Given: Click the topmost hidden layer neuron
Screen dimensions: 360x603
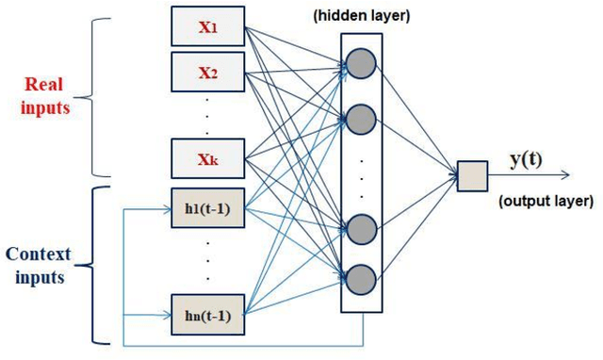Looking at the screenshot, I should (x=358, y=62).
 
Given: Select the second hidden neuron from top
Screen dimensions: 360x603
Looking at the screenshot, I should (x=358, y=118).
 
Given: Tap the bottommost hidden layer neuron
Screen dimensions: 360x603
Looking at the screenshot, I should (x=358, y=279).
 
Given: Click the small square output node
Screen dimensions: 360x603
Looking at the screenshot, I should (x=472, y=176).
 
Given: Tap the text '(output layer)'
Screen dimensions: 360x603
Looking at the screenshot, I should (x=547, y=201).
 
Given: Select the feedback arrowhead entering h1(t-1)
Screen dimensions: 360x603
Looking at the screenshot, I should (x=167, y=208).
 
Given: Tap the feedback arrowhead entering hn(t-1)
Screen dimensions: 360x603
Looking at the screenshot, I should (x=167, y=314).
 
